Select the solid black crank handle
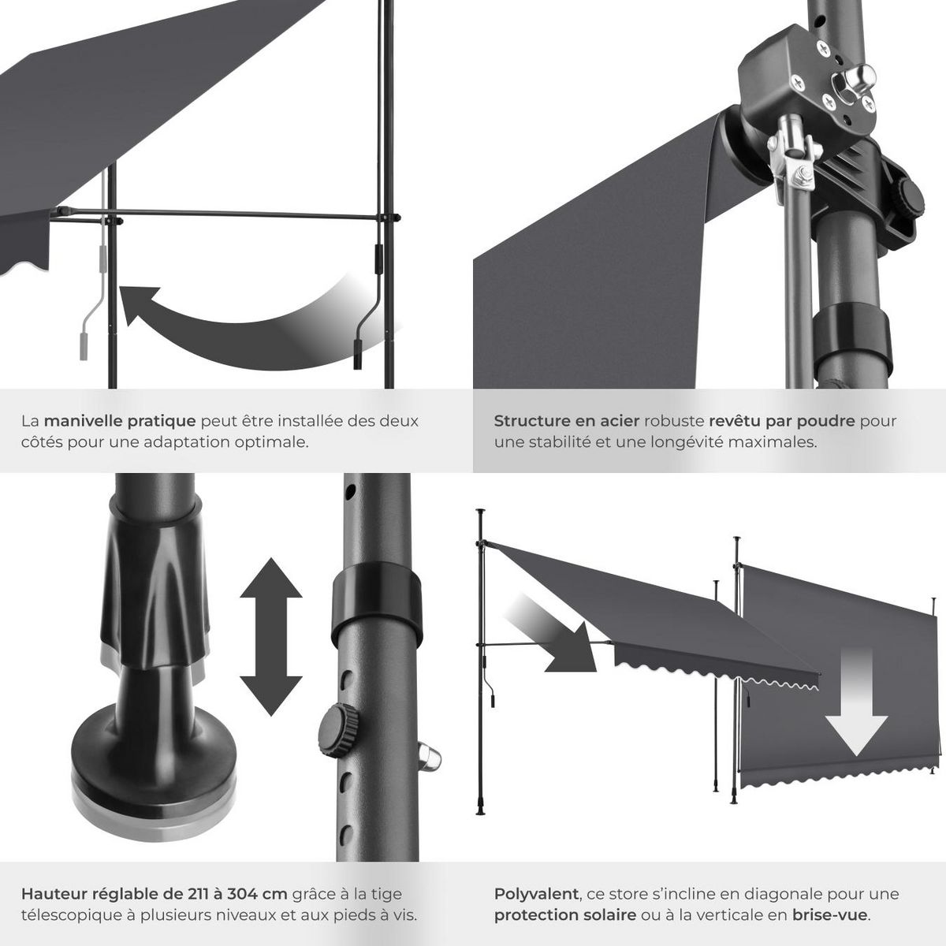(367, 307)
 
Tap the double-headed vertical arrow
(270, 636)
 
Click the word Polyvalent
(535, 894)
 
